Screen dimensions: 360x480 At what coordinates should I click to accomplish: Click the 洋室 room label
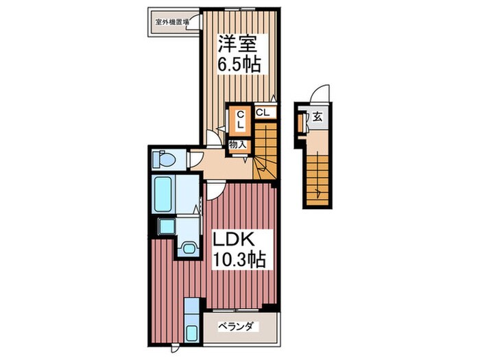(x=237, y=44)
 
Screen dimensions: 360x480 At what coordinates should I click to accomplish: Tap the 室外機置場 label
(x=171, y=21)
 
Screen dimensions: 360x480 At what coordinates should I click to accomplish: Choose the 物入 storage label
(x=237, y=145)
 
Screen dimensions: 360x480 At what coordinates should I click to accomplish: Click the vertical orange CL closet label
(x=241, y=121)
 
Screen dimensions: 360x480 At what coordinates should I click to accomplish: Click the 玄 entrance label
(x=319, y=116)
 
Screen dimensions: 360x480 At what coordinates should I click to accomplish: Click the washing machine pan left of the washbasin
(x=166, y=226)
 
